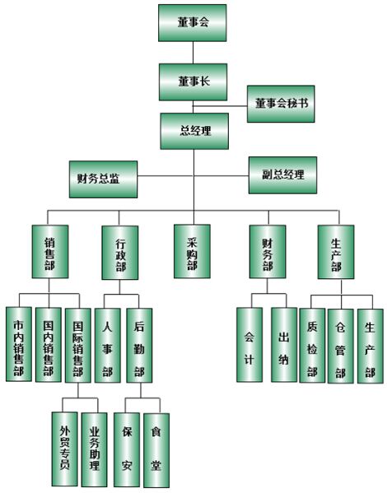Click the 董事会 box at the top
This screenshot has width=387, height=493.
(x=192, y=23)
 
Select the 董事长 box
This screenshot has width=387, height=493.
(x=193, y=82)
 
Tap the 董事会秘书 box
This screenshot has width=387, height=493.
(x=281, y=104)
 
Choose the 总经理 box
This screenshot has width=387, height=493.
(x=194, y=131)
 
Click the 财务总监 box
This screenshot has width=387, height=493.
(x=103, y=179)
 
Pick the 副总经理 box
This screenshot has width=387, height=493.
(x=283, y=175)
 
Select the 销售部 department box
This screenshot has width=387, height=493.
(x=50, y=252)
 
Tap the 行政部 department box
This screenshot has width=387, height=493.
(x=120, y=253)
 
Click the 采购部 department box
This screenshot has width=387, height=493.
(x=192, y=251)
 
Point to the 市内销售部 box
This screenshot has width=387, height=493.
(x=19, y=344)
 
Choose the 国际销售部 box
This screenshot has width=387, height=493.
(x=78, y=345)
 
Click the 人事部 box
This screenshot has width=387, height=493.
(x=108, y=345)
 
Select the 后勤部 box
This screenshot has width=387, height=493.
(x=139, y=345)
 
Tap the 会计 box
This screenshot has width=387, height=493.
(x=249, y=345)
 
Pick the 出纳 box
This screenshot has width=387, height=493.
(x=284, y=345)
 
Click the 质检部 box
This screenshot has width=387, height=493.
(x=312, y=345)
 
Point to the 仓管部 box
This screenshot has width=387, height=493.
(x=341, y=346)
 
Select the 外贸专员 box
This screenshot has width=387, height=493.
(x=65, y=449)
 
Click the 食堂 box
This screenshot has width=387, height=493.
(x=156, y=450)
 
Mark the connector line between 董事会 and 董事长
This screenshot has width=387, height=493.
(x=193, y=53)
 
